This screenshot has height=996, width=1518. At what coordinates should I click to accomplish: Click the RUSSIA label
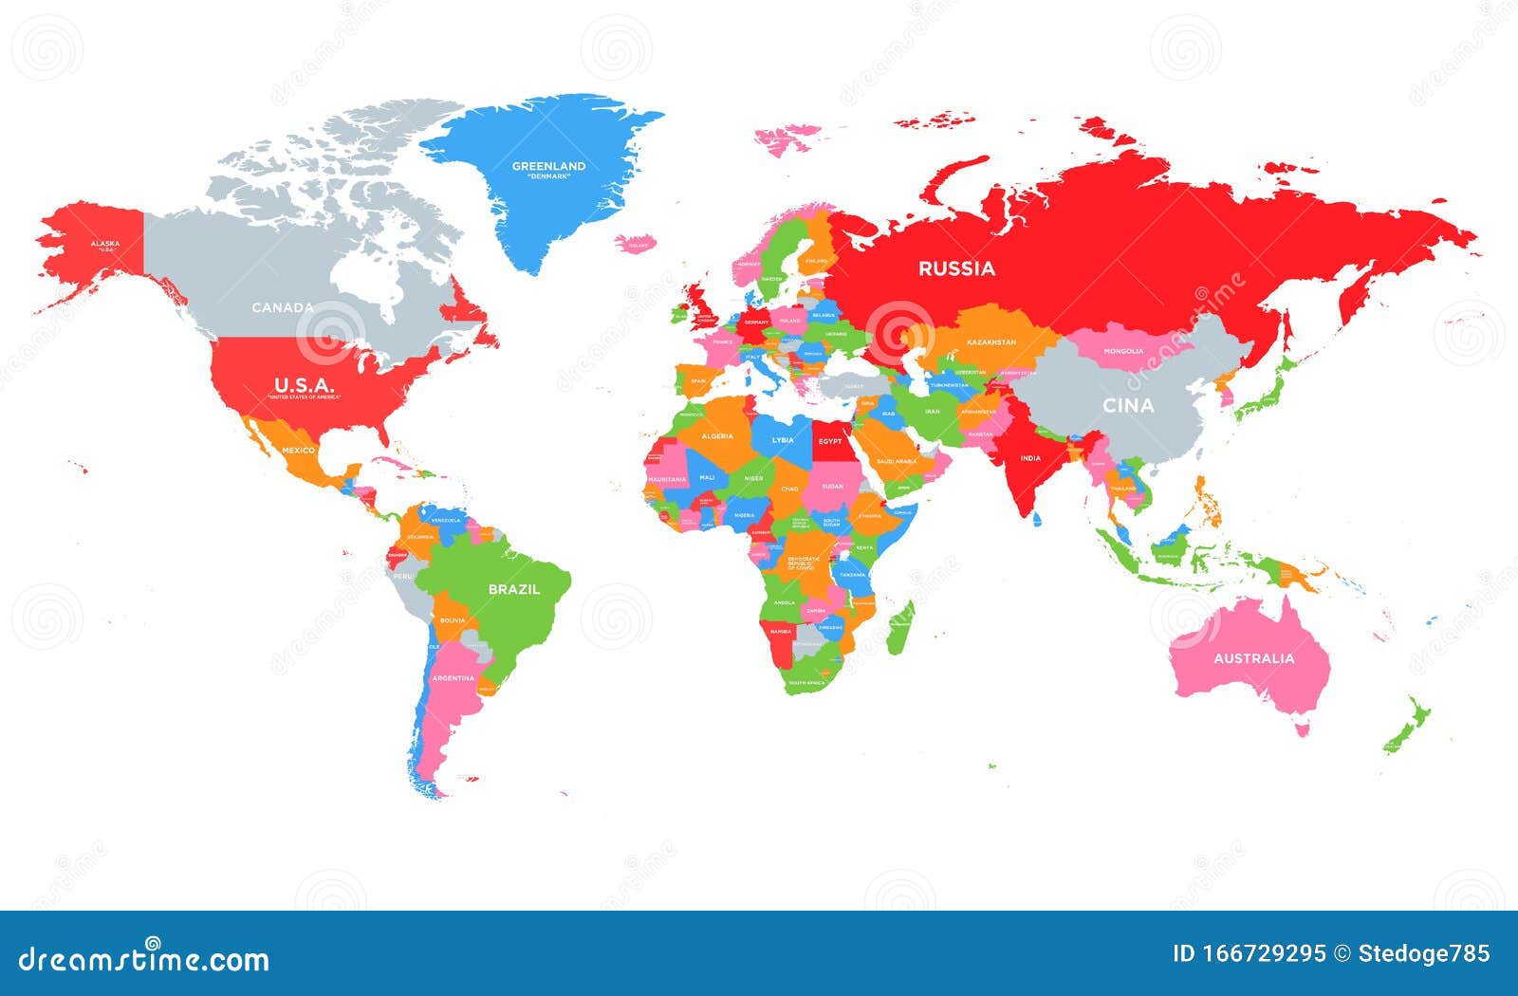(956, 268)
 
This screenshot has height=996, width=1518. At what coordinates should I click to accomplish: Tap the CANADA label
(283, 307)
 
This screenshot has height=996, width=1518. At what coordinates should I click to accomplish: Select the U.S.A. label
(304, 385)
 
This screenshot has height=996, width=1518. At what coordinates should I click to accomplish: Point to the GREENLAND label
(548, 167)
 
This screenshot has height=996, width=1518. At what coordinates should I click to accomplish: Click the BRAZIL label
(513, 589)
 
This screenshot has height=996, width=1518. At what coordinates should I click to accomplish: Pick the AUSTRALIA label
(1253, 658)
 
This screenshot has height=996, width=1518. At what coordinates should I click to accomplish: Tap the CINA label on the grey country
(1128, 405)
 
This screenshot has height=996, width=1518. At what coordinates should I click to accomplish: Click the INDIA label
(1029, 458)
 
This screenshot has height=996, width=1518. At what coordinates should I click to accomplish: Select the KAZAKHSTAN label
(991, 342)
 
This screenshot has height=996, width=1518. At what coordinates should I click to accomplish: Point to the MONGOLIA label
(1123, 351)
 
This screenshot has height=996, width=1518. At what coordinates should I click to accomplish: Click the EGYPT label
(830, 441)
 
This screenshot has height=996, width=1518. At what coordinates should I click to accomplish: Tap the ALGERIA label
(717, 436)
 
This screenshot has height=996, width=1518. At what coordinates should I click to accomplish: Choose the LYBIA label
(783, 440)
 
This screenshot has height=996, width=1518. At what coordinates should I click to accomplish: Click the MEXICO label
(298, 450)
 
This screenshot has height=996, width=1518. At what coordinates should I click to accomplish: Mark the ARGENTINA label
(453, 678)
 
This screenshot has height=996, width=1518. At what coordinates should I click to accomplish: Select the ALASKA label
(104, 244)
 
